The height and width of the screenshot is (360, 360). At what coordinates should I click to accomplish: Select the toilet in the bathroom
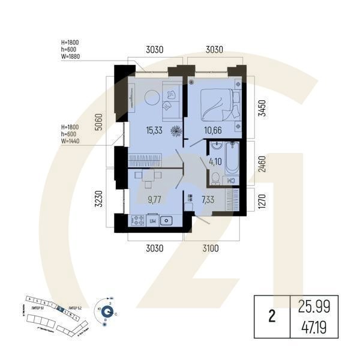pyautogui.click(x=214, y=176)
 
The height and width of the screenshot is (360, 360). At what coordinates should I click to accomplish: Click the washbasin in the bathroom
pyautogui.click(x=215, y=146)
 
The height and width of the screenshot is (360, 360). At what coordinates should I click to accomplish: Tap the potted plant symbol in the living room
pyautogui.click(x=176, y=130)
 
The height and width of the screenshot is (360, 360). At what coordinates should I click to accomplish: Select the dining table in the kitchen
pyautogui.click(x=148, y=176)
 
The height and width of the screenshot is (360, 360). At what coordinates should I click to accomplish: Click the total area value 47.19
pyautogui.click(x=314, y=328)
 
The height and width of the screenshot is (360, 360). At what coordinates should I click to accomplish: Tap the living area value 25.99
pyautogui.click(x=314, y=307)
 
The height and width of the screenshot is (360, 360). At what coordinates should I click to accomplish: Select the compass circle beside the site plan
pyautogui.click(x=107, y=311)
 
